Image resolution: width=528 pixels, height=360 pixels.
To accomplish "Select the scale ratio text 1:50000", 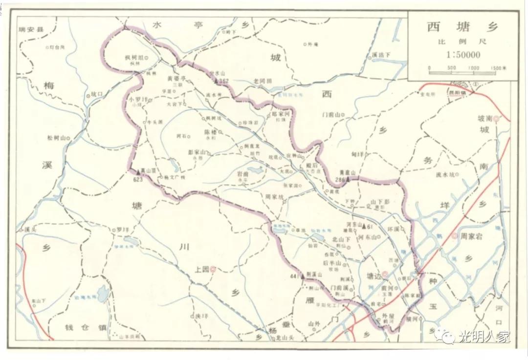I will [x=462, y=55].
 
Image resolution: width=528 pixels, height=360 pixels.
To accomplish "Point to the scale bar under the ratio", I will [x=467, y=73].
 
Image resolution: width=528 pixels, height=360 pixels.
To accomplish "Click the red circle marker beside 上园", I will [x=213, y=268].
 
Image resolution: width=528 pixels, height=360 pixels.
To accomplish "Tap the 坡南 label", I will [x=485, y=118].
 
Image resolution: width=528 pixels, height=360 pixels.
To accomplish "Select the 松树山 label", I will [x=55, y=138].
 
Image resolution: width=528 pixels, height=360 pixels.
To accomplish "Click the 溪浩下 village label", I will [x=381, y=55].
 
